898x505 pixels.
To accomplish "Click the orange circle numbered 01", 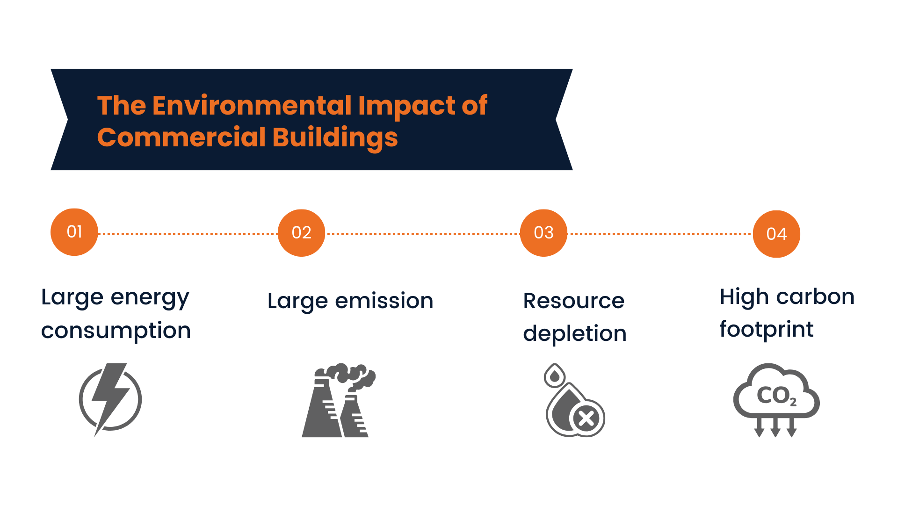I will tap(74, 232).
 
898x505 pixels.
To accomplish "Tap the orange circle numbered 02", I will tap(301, 233).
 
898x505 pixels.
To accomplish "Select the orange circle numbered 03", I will tap(543, 233).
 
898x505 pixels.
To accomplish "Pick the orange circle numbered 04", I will tap(776, 234).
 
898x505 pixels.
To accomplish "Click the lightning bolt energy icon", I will tap(110, 399).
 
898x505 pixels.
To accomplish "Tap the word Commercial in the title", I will tap(181, 137).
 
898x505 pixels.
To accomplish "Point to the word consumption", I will tap(116, 331).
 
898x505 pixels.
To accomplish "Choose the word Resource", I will tap(573, 301).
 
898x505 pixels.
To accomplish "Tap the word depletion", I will tap(574, 334).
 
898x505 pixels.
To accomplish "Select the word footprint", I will tap(766, 329).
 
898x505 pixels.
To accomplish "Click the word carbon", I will tap(815, 297).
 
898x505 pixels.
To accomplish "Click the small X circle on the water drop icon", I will tap(587, 418).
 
